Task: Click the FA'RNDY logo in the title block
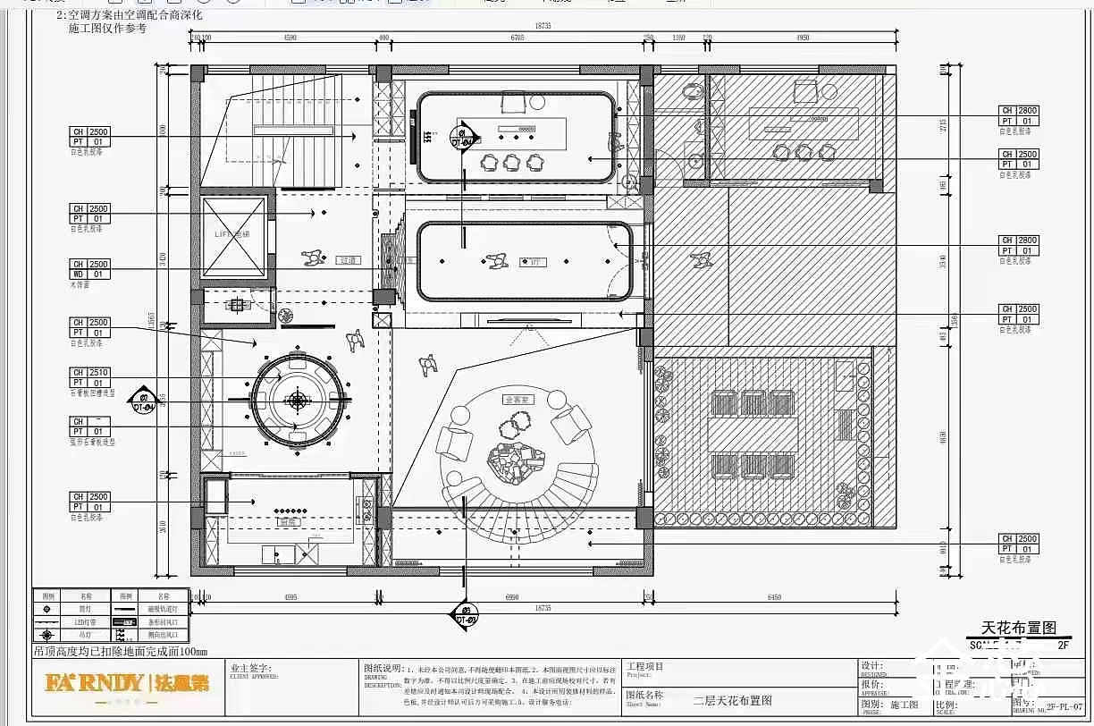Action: click(94, 684)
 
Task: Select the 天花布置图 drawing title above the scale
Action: click(1019, 628)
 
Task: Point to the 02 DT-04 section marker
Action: click(140, 401)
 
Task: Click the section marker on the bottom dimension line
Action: click(464, 611)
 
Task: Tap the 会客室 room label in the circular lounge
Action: click(518, 400)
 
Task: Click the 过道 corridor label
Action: click(349, 261)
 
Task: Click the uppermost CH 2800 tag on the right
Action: click(1018, 111)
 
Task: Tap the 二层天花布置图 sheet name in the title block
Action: click(732, 701)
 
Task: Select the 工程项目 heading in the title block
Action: click(645, 666)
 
